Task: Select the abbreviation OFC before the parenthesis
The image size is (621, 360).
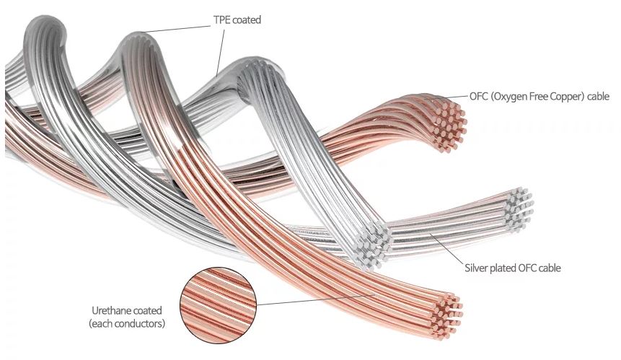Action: point(478,96)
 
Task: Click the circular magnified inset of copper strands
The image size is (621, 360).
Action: point(218,304)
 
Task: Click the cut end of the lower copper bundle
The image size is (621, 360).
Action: point(446,317)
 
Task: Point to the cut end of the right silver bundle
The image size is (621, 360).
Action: point(518,210)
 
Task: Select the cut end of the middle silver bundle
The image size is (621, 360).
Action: point(372,245)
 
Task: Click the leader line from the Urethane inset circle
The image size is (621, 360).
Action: point(316,299)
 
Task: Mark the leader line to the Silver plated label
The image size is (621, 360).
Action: point(446,248)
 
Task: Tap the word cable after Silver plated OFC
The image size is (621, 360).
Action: point(550,268)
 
